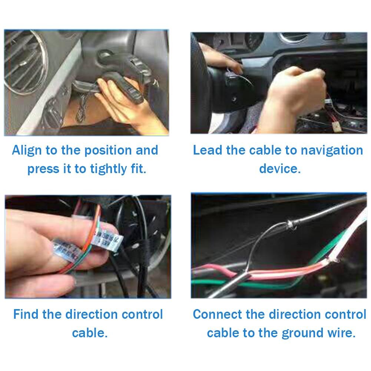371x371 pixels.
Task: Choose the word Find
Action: pos(26,314)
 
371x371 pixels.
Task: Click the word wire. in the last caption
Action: pos(341,332)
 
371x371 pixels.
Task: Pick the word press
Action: pos(42,169)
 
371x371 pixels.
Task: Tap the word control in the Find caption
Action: pos(143,314)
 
